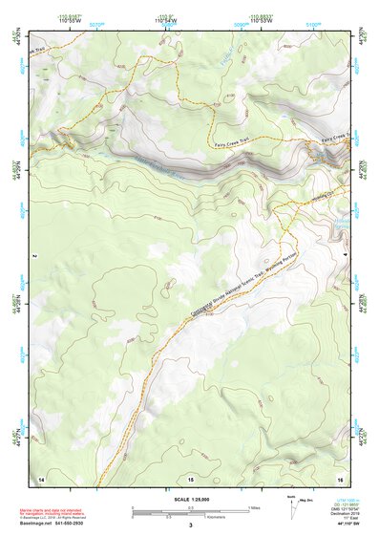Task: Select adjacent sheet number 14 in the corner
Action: pos(40,477)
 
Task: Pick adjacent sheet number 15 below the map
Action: pos(190,477)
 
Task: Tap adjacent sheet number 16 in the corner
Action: pos(339,477)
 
